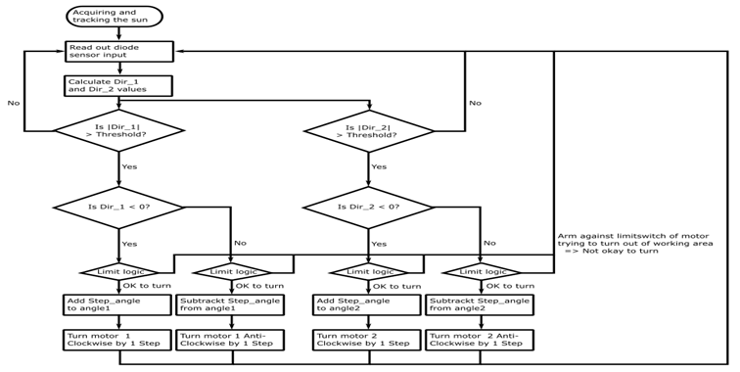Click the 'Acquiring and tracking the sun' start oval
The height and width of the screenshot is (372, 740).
[x=116, y=17]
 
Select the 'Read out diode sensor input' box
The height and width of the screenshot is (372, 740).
[x=119, y=51]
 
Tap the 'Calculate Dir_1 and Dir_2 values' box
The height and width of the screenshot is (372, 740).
[x=118, y=86]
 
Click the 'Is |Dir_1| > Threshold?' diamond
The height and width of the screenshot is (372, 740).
[x=118, y=131]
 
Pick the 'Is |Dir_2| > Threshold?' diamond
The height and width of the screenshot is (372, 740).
[x=369, y=131]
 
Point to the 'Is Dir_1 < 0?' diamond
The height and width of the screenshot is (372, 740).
[x=118, y=207]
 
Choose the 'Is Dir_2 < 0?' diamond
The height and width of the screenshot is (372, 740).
[x=368, y=207]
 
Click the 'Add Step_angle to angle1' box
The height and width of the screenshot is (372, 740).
[x=117, y=304]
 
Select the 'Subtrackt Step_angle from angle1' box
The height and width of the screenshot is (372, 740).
[x=230, y=304]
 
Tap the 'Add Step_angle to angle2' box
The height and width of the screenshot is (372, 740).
[x=367, y=304]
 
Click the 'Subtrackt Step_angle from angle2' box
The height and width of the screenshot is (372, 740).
[x=480, y=304]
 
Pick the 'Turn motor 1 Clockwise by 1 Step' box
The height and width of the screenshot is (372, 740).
[x=117, y=340]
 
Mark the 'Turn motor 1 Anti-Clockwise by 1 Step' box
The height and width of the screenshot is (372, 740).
[x=230, y=340]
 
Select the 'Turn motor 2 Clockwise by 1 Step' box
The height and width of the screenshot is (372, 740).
[x=367, y=340]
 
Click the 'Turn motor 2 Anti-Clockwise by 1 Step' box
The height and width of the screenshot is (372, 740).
[x=480, y=340]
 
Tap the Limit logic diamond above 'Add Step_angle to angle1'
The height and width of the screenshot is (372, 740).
[x=119, y=272]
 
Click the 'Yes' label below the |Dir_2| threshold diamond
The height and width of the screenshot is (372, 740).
[x=379, y=166]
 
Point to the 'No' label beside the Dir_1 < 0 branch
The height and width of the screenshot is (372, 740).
[x=240, y=243]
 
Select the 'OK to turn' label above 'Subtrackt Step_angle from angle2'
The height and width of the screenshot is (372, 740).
[x=510, y=286]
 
